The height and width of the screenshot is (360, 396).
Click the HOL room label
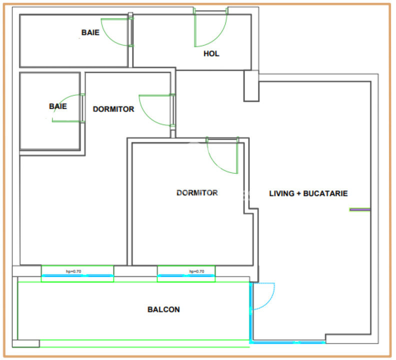point(211,53)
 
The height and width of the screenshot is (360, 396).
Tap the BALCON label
point(163,309)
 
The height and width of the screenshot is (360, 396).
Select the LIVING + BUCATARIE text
point(308,193)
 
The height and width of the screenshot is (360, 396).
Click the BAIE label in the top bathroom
point(90,32)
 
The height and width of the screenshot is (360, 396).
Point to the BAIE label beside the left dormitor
point(58,106)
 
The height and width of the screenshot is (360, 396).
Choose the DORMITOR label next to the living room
point(197,193)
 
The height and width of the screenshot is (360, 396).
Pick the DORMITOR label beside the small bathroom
point(113,109)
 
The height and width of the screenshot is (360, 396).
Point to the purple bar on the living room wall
point(360,209)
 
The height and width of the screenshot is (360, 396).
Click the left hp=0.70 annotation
point(73,271)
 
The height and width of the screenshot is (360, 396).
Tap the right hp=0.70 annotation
point(196,271)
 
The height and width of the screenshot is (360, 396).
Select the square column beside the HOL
point(251,86)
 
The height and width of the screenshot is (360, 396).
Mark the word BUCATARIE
point(325,193)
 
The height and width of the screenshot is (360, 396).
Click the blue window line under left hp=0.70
point(77,275)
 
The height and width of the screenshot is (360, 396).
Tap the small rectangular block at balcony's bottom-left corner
point(26,343)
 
